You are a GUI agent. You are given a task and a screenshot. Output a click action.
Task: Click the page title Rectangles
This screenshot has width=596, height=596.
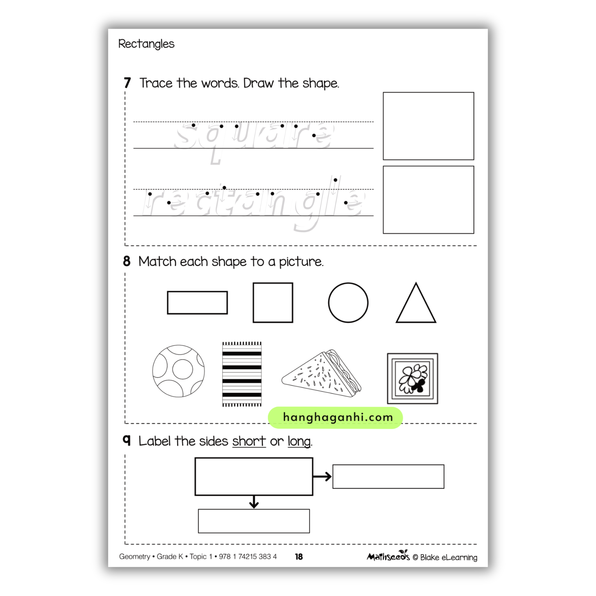point(146,44)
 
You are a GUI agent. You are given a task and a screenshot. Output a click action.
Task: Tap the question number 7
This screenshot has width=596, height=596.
point(127,83)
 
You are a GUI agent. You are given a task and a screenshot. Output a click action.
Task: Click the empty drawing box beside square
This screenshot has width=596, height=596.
point(428,126)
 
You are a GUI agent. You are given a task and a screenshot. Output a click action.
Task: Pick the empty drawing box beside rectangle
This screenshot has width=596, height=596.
point(428,200)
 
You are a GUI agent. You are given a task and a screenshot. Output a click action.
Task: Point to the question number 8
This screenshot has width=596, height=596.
point(127,261)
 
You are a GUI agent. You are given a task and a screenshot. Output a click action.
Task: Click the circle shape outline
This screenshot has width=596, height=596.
point(348,303)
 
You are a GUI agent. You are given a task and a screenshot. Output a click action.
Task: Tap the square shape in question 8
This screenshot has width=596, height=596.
point(273,303)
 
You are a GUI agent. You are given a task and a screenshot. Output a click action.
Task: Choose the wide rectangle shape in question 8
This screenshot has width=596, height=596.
point(197,303)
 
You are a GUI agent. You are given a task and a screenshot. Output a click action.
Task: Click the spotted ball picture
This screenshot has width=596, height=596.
point(178,371)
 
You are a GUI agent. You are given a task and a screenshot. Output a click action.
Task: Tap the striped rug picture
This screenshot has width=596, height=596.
point(242,374)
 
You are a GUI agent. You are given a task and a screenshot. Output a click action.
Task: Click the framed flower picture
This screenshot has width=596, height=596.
point(412,379)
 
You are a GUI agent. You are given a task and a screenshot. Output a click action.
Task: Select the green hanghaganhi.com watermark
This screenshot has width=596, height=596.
point(335,418)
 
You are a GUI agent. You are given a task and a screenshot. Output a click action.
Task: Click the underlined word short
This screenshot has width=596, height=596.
point(249,441)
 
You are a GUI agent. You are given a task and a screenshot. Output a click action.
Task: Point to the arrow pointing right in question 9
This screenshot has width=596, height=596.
point(322,477)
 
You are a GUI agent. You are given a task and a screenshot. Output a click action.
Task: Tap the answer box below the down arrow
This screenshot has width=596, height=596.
point(253,521)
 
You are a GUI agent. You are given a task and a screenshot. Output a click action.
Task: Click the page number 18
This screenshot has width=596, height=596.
point(299,557)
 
